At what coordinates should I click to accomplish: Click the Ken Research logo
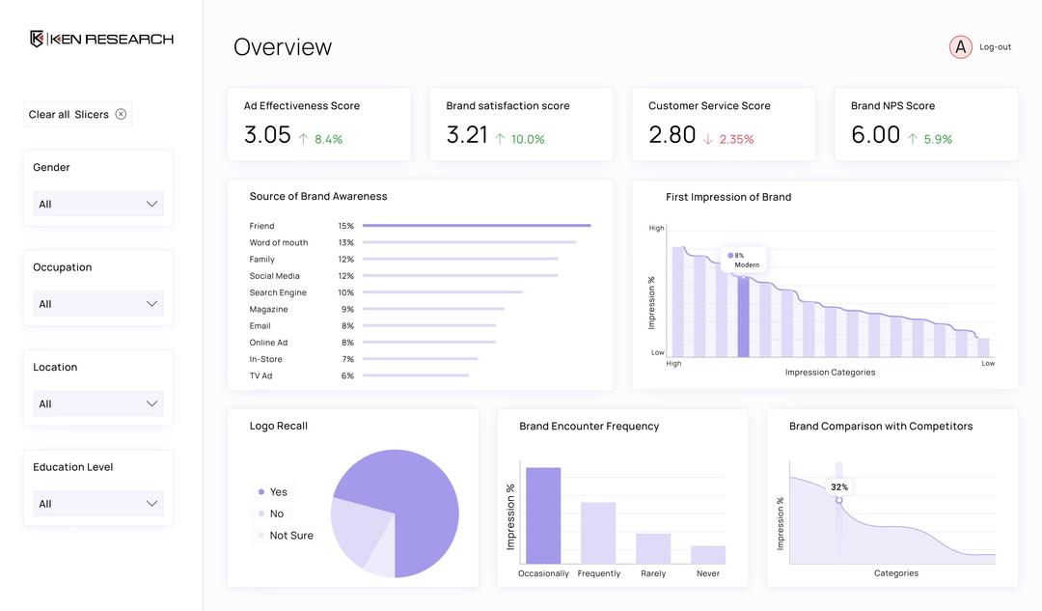coord(101,39)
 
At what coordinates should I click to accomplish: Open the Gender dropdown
coord(97,204)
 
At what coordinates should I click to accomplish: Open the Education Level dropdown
coord(97,503)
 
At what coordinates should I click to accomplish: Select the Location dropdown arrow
coord(151,403)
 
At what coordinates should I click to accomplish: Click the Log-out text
coord(995,46)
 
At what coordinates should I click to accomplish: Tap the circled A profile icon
coord(960,46)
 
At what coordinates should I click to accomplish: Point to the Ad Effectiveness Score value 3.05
coord(267,135)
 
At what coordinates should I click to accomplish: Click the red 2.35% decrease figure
coord(736,139)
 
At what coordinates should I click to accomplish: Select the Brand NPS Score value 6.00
coord(875,135)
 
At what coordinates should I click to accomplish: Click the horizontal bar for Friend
coord(477,226)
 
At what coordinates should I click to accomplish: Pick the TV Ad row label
coord(260,375)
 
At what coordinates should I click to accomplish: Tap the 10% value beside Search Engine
coord(345,292)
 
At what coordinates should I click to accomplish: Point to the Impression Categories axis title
coord(830,373)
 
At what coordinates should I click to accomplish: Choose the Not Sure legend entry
coord(290,536)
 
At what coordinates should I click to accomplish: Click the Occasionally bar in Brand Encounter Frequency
coord(543,515)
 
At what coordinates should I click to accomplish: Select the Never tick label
coord(708,573)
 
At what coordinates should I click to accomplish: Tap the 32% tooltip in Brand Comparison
coord(839,487)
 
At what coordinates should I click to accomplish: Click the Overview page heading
coord(283,46)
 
